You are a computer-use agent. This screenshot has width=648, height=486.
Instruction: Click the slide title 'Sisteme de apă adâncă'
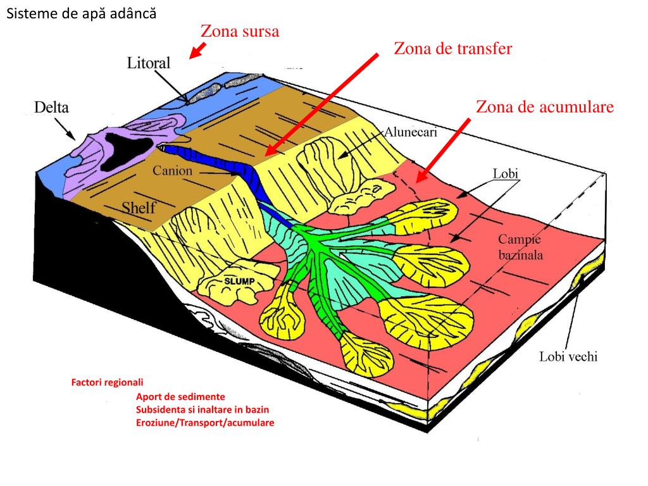point(81,13)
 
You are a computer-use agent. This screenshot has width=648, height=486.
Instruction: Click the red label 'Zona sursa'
point(240,31)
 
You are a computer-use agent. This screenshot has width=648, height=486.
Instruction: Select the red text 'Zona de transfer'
point(452,49)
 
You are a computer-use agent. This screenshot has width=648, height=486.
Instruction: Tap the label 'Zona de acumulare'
point(545,107)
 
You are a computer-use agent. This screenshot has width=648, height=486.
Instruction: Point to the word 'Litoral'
point(149,63)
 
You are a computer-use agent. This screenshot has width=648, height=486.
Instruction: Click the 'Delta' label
point(52,107)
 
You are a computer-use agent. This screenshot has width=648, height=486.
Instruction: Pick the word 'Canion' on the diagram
point(172,170)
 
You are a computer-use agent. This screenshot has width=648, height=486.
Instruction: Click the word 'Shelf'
point(139,208)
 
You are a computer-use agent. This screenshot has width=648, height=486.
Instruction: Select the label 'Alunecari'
point(411,133)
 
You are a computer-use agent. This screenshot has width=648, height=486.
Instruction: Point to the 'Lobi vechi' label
point(568,356)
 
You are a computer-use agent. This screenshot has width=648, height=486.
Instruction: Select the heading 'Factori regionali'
point(108,382)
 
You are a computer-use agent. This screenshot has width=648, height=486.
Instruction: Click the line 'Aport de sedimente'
point(180,397)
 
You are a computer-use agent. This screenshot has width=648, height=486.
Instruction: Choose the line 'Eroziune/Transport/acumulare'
point(205,422)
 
